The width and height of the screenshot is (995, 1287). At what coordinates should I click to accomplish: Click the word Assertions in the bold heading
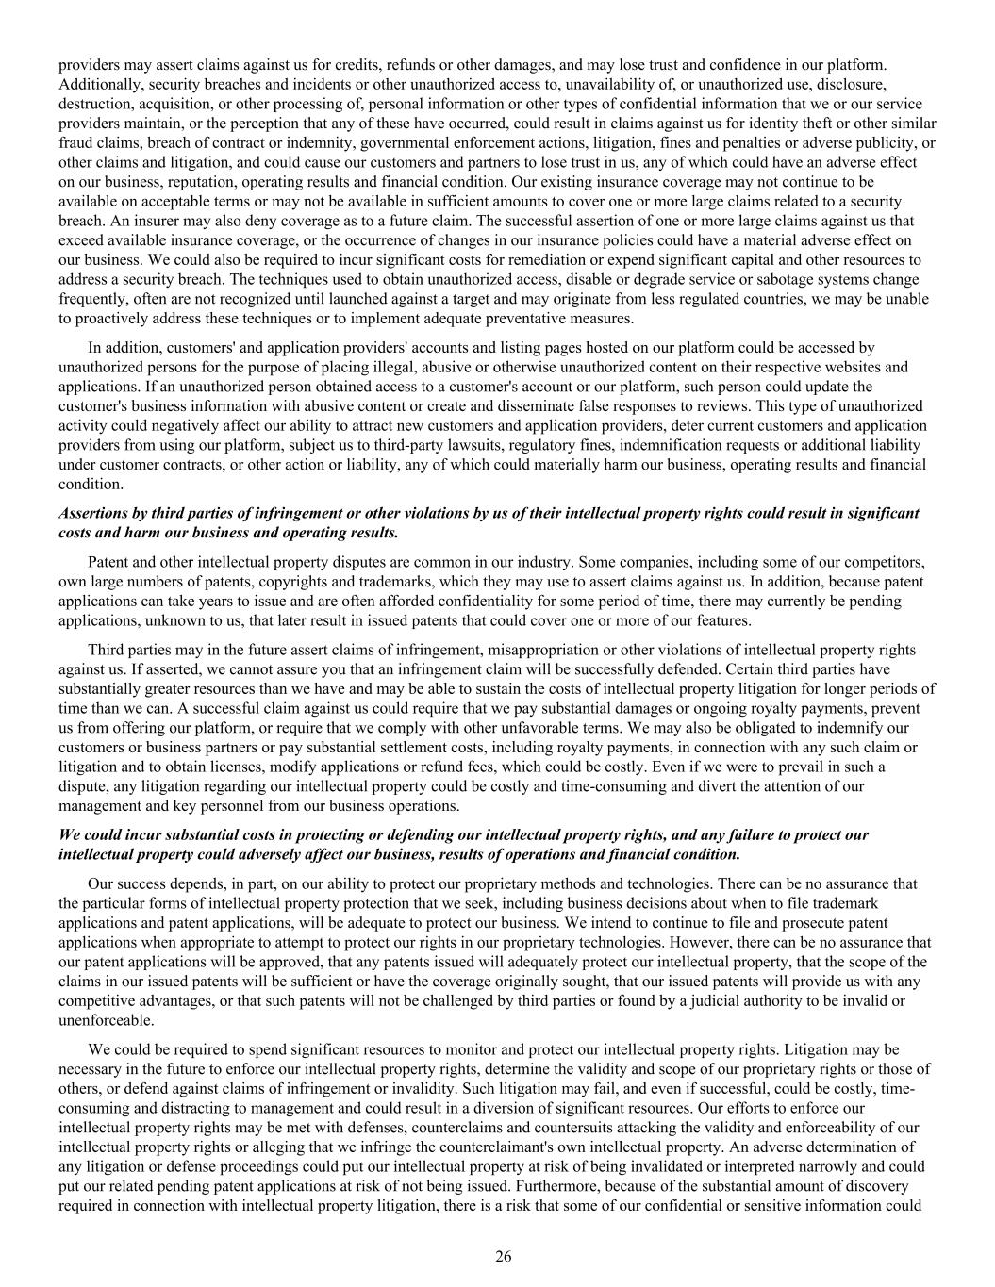(91, 513)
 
